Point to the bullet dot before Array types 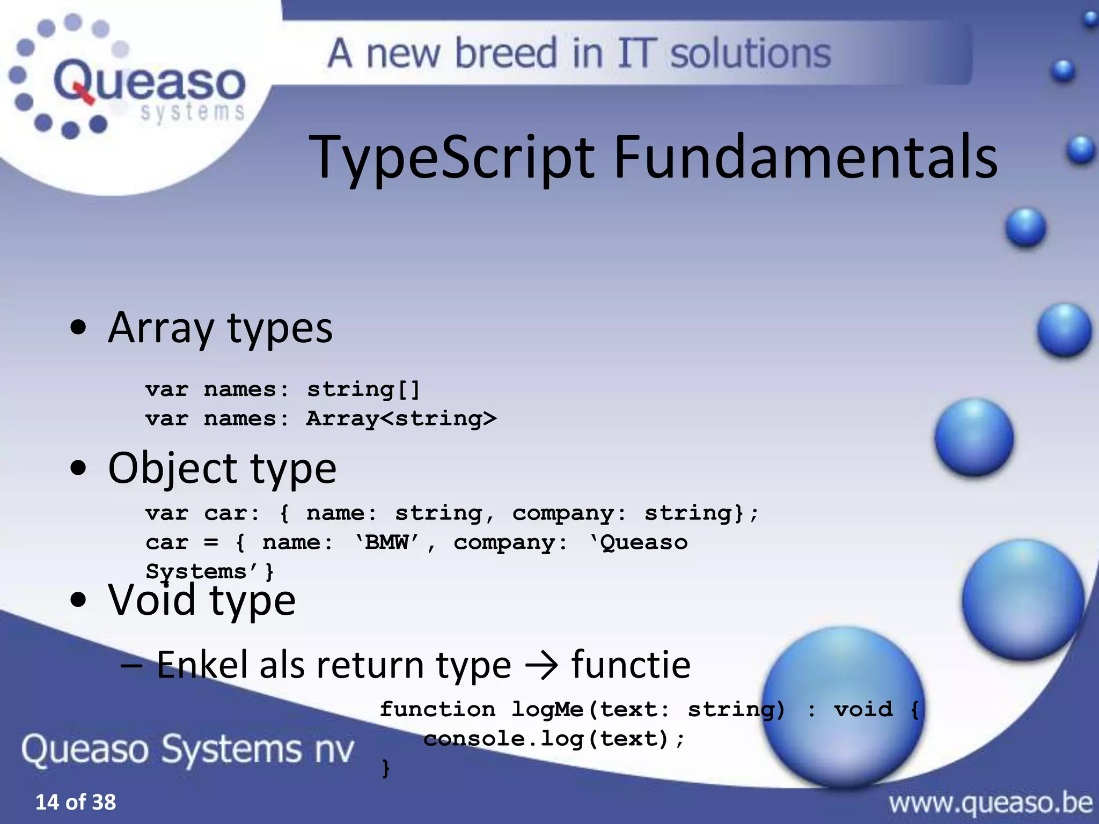click(78, 328)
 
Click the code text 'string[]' click(363, 389)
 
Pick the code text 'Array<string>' click(401, 418)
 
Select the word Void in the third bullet click(152, 599)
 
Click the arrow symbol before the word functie click(541, 666)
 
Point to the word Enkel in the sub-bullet click(203, 665)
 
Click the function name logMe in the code click(547, 709)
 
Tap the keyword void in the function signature click(863, 709)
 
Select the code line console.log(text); click(554, 739)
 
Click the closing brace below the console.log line click(385, 768)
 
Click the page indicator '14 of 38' click(75, 802)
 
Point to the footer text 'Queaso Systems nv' click(188, 749)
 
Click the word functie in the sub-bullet click(631, 665)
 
